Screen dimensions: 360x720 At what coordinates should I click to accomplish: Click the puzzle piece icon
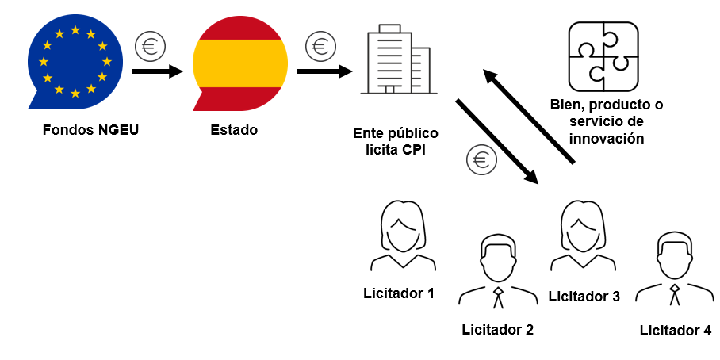coord(603,56)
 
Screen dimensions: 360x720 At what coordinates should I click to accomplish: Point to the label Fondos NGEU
coord(91,130)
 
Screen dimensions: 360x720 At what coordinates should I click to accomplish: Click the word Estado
coord(234,130)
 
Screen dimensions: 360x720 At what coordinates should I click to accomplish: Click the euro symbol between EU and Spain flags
coord(149,47)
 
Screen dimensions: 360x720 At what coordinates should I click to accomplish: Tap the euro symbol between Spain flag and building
coord(320,46)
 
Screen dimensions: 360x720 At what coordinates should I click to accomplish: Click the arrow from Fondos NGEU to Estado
coord(157,71)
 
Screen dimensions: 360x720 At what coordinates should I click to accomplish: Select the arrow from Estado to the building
coord(324,71)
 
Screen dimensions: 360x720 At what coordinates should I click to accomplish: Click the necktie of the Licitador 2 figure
coord(498,298)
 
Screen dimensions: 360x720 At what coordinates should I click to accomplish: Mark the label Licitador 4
coord(675,331)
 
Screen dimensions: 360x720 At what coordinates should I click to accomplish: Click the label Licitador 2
coord(498,329)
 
